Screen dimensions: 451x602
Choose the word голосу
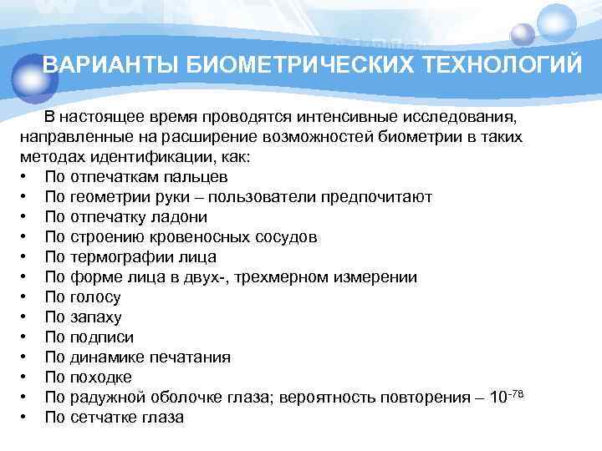click(95, 297)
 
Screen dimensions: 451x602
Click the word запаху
click(96, 317)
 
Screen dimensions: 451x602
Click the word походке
click(101, 378)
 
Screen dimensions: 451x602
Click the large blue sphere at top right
click(556, 24)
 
